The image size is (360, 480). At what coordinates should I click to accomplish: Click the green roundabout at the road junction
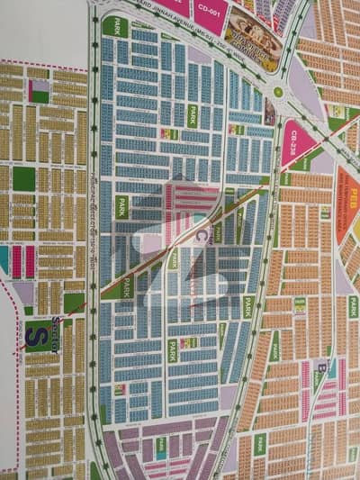[278, 92]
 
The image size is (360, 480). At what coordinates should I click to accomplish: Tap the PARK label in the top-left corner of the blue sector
[115, 26]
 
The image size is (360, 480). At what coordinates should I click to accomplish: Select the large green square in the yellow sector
[24, 178]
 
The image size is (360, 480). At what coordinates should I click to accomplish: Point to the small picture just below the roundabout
[269, 112]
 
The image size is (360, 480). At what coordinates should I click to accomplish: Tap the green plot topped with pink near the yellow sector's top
[39, 90]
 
